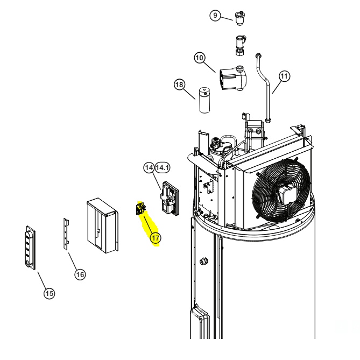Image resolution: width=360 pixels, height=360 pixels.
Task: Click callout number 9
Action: coord(215,16)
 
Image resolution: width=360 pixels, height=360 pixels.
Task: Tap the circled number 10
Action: coord(200,58)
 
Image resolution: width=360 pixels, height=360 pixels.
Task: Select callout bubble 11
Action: coord(284,76)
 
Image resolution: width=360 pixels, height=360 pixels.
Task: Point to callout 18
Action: coord(179,84)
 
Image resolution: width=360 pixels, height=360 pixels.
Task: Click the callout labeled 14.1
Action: coord(163,167)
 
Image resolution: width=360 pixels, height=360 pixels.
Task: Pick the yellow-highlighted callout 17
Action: coord(156,238)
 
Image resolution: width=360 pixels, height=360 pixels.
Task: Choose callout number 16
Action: coord(80,274)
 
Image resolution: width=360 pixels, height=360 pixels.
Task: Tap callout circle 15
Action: coord(49,293)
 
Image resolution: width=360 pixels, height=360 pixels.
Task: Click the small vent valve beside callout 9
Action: coord(239,18)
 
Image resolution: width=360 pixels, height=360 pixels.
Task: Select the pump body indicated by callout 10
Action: coord(233,78)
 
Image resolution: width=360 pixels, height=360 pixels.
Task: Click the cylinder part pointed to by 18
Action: coord(204,100)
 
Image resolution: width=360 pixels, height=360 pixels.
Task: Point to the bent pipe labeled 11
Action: coord(263,87)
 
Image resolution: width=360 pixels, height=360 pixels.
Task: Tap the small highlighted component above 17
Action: coord(140,208)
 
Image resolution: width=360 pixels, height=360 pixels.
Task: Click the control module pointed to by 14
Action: coord(170,199)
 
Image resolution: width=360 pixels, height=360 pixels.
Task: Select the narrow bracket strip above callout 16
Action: coord(66,234)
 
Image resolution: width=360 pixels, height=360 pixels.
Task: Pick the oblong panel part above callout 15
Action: coord(30,248)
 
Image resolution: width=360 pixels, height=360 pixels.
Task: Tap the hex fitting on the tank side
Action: coord(203,261)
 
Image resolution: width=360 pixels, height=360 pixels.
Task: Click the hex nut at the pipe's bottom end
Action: coord(268,120)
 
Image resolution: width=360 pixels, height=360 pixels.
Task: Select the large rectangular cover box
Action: coord(103,225)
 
